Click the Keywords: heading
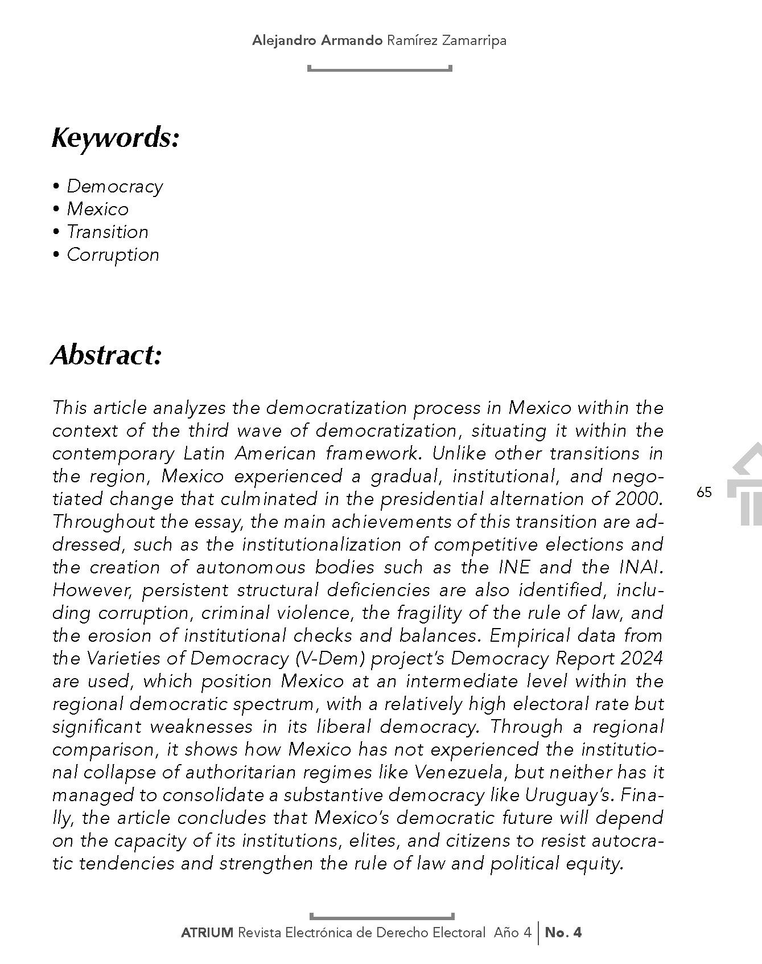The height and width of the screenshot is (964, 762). (116, 138)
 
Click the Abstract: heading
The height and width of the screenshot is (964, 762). (107, 355)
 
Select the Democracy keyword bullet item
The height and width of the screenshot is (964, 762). (114, 186)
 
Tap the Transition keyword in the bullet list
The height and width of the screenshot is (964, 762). (108, 232)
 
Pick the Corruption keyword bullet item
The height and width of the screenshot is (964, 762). (113, 255)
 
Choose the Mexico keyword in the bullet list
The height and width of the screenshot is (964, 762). (97, 209)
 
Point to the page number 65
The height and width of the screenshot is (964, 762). (704, 493)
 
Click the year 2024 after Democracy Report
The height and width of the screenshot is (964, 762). (642, 658)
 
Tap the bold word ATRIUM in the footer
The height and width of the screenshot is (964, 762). (207, 933)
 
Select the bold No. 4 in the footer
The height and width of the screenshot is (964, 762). (563, 933)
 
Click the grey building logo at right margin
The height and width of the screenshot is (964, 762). (747, 484)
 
